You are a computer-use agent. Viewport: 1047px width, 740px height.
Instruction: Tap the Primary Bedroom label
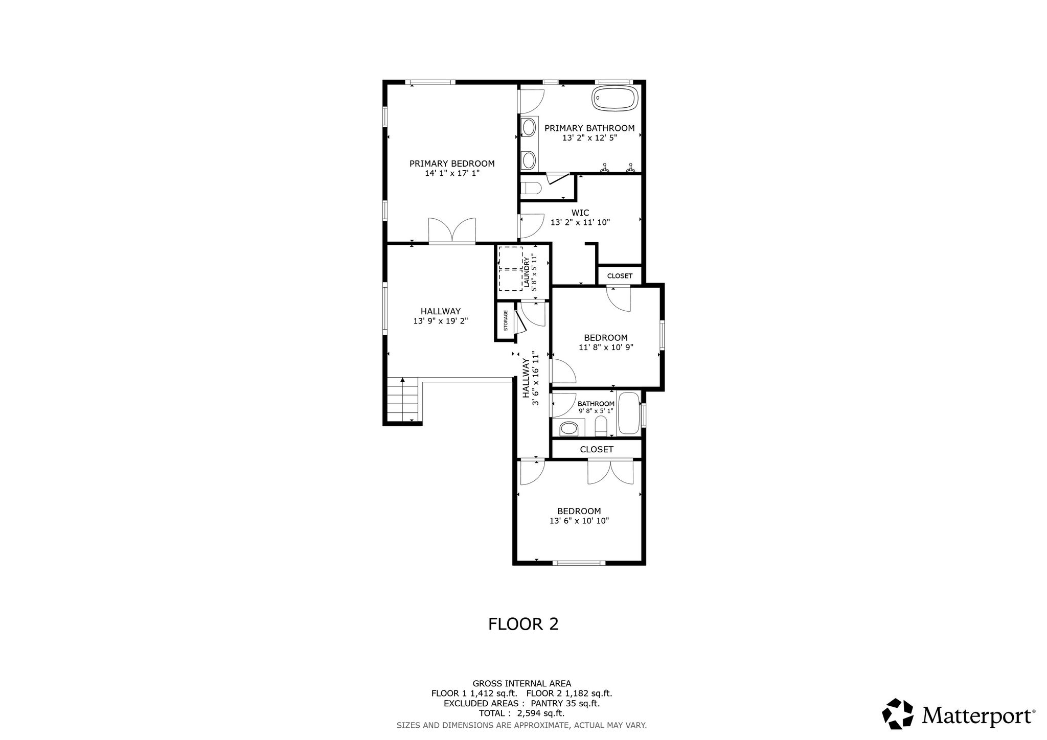coord(452,164)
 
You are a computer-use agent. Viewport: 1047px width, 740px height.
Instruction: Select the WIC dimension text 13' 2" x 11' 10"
coord(580,222)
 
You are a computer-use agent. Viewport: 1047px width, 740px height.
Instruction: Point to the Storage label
coord(506,320)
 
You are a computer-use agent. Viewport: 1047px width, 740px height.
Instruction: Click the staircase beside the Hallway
coord(403,400)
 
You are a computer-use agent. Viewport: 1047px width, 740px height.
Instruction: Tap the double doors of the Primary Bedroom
coord(452,230)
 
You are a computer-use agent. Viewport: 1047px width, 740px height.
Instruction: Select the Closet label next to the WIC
coord(620,276)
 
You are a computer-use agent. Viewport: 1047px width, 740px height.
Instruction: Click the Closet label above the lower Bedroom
coord(597,449)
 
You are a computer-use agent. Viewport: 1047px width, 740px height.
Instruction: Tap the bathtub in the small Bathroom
coord(628,413)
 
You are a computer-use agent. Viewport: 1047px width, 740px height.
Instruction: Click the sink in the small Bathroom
coord(568,428)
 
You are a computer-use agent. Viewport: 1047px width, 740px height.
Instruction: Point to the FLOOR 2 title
coord(523,624)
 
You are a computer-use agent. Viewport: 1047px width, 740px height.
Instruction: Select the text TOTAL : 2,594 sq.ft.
coord(521,713)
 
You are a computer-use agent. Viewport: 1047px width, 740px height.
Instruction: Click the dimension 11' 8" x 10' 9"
coord(606,348)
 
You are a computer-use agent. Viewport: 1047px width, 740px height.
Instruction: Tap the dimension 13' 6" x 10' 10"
coord(579,521)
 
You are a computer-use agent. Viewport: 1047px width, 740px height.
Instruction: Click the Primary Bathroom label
coord(589,128)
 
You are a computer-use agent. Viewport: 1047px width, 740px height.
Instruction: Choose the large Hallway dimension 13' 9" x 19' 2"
coord(441,321)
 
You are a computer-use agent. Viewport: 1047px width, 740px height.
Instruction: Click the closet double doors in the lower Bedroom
coord(610,472)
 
